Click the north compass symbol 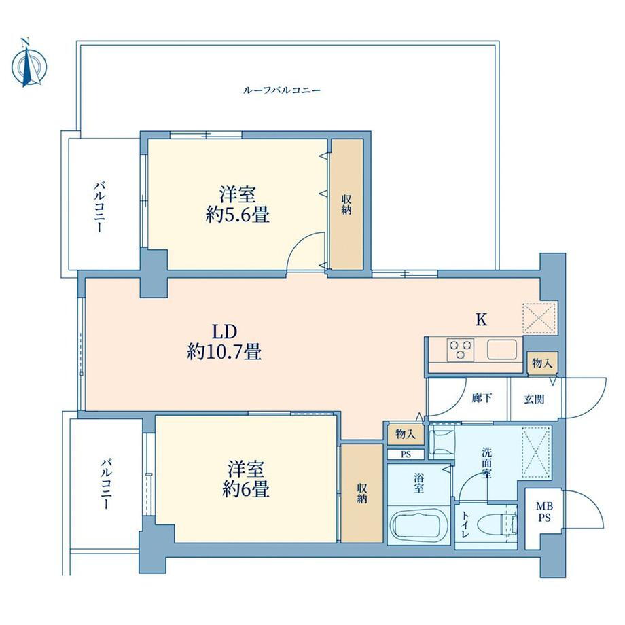pos(29,63)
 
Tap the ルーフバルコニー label pos(282,90)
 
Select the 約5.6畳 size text pos(238,215)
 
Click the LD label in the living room pos(224,332)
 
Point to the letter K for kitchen pos(482,319)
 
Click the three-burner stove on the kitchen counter pos(461,350)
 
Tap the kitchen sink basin pos(502,350)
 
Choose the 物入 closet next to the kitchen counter pos(542,363)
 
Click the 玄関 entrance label pos(534,399)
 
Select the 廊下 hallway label pos(482,398)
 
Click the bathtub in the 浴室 pos(418,526)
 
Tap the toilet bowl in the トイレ pos(498,523)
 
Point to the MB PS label pos(544,512)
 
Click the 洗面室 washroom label pos(486,463)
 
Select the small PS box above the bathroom pos(406,454)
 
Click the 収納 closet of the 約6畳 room pos(362,493)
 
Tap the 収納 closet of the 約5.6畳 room pos(347,204)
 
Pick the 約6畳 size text pos(246,489)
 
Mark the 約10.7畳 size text pos(224,352)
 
